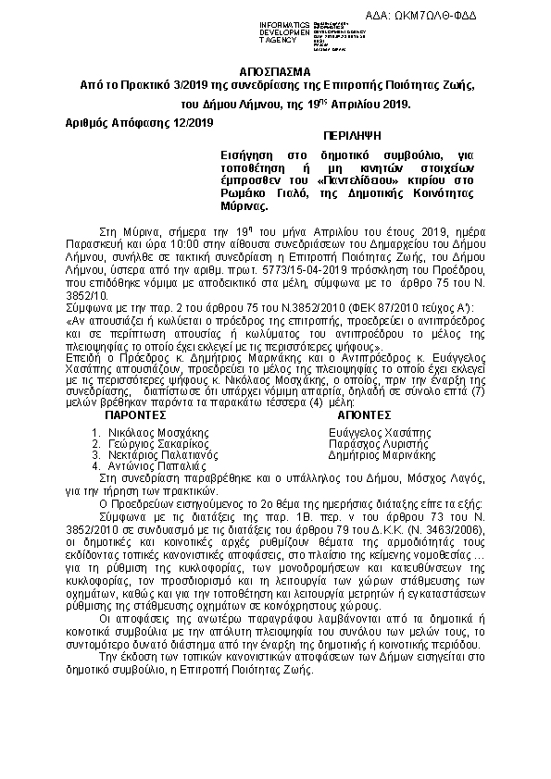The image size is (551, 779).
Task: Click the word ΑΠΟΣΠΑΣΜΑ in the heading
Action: click(x=276, y=71)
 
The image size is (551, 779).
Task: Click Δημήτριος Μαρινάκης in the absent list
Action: click(x=382, y=455)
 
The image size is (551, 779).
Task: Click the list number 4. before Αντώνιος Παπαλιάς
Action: click(x=97, y=466)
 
